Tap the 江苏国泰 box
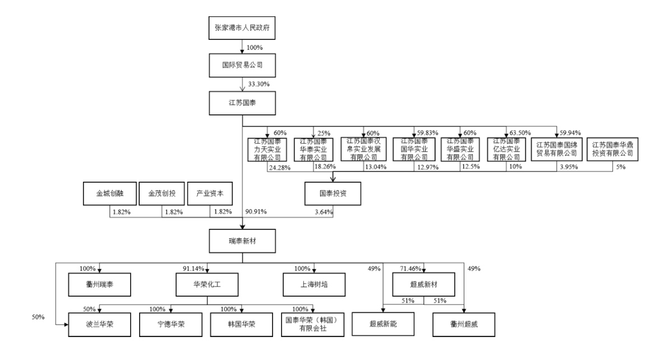242,103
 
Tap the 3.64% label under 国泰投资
324,211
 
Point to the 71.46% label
410,269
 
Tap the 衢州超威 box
464,324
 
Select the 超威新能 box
384,324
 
